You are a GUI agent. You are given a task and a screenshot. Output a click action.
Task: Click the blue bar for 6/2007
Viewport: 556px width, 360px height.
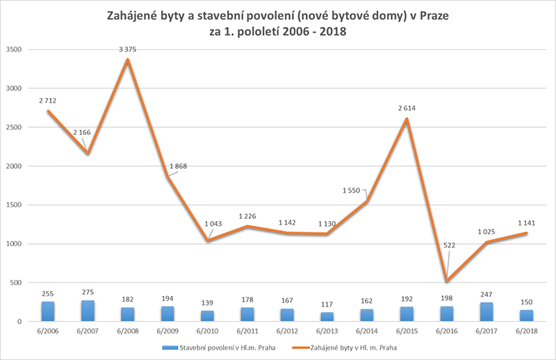[88, 311]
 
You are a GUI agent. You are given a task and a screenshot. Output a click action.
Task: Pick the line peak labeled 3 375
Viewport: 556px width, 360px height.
[128, 60]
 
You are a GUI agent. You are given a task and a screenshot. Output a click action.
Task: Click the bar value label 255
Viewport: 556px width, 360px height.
[47, 294]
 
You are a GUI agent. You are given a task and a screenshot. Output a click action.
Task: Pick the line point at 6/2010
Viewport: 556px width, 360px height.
[208, 240]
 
